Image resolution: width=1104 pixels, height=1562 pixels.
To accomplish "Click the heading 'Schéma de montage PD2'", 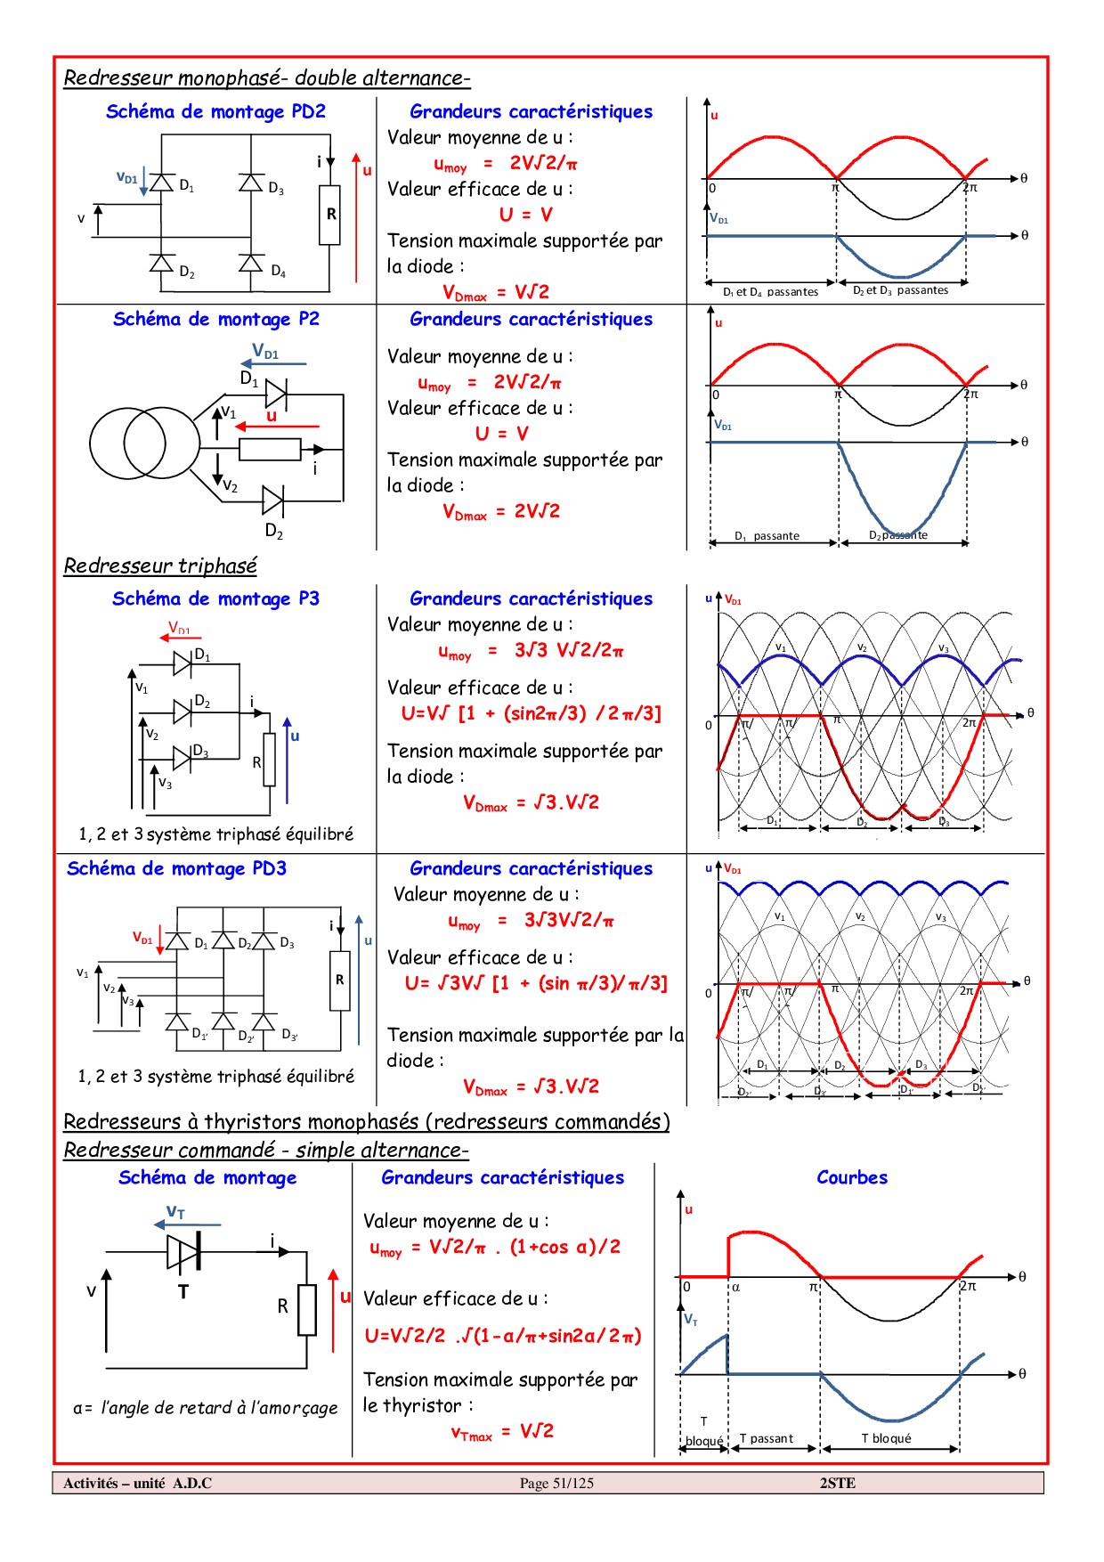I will (215, 111).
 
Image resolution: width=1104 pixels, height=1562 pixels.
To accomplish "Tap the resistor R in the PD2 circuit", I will (330, 215).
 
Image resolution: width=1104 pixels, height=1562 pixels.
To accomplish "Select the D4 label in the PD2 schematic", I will (278, 271).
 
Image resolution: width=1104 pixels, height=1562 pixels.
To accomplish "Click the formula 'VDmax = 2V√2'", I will (501, 511).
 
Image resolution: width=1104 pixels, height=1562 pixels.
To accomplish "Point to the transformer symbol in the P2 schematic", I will (144, 443).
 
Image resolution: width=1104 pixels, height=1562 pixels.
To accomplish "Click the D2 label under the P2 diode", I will (273, 532).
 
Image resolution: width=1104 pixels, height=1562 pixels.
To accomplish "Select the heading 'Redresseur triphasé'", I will (160, 565).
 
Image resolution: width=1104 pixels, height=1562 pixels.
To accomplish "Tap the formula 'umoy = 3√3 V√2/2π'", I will (531, 651).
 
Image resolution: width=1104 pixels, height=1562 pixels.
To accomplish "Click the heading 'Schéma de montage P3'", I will (215, 598).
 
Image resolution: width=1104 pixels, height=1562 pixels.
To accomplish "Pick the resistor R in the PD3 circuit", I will (339, 980).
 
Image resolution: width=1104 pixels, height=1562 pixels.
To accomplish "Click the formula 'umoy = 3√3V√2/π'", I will (531, 921).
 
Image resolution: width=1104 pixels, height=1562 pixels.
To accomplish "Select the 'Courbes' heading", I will (852, 1177).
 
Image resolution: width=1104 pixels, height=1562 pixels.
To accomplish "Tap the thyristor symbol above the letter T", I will (183, 1251).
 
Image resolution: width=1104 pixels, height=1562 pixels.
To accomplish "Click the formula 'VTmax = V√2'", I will (502, 1431).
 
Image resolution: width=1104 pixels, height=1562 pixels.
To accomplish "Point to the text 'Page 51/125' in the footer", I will (556, 1483).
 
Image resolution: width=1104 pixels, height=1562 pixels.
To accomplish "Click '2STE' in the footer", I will (837, 1483).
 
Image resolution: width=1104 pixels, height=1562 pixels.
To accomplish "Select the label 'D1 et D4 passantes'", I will (770, 292).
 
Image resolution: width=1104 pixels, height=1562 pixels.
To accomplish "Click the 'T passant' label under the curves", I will (766, 1438).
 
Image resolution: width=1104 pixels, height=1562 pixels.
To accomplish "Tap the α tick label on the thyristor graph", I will (735, 1287).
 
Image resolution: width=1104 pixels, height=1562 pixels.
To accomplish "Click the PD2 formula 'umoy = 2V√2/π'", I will (505, 164).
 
